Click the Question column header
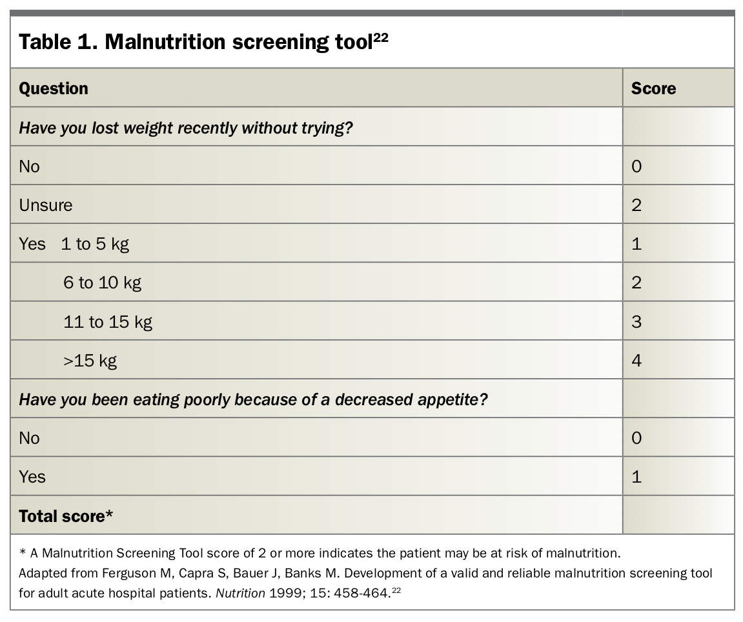(54, 88)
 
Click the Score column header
(653, 88)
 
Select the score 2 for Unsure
(636, 205)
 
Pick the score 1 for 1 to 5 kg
(636, 244)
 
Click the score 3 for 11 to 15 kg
(636, 322)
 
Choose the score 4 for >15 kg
(636, 361)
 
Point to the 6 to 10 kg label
(103, 283)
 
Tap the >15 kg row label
(90, 361)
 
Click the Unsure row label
(46, 205)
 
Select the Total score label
(66, 516)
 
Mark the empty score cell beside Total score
(678, 515)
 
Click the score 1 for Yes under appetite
(636, 477)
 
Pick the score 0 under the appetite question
(636, 437)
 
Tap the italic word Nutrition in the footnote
(240, 593)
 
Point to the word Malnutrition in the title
(165, 42)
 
